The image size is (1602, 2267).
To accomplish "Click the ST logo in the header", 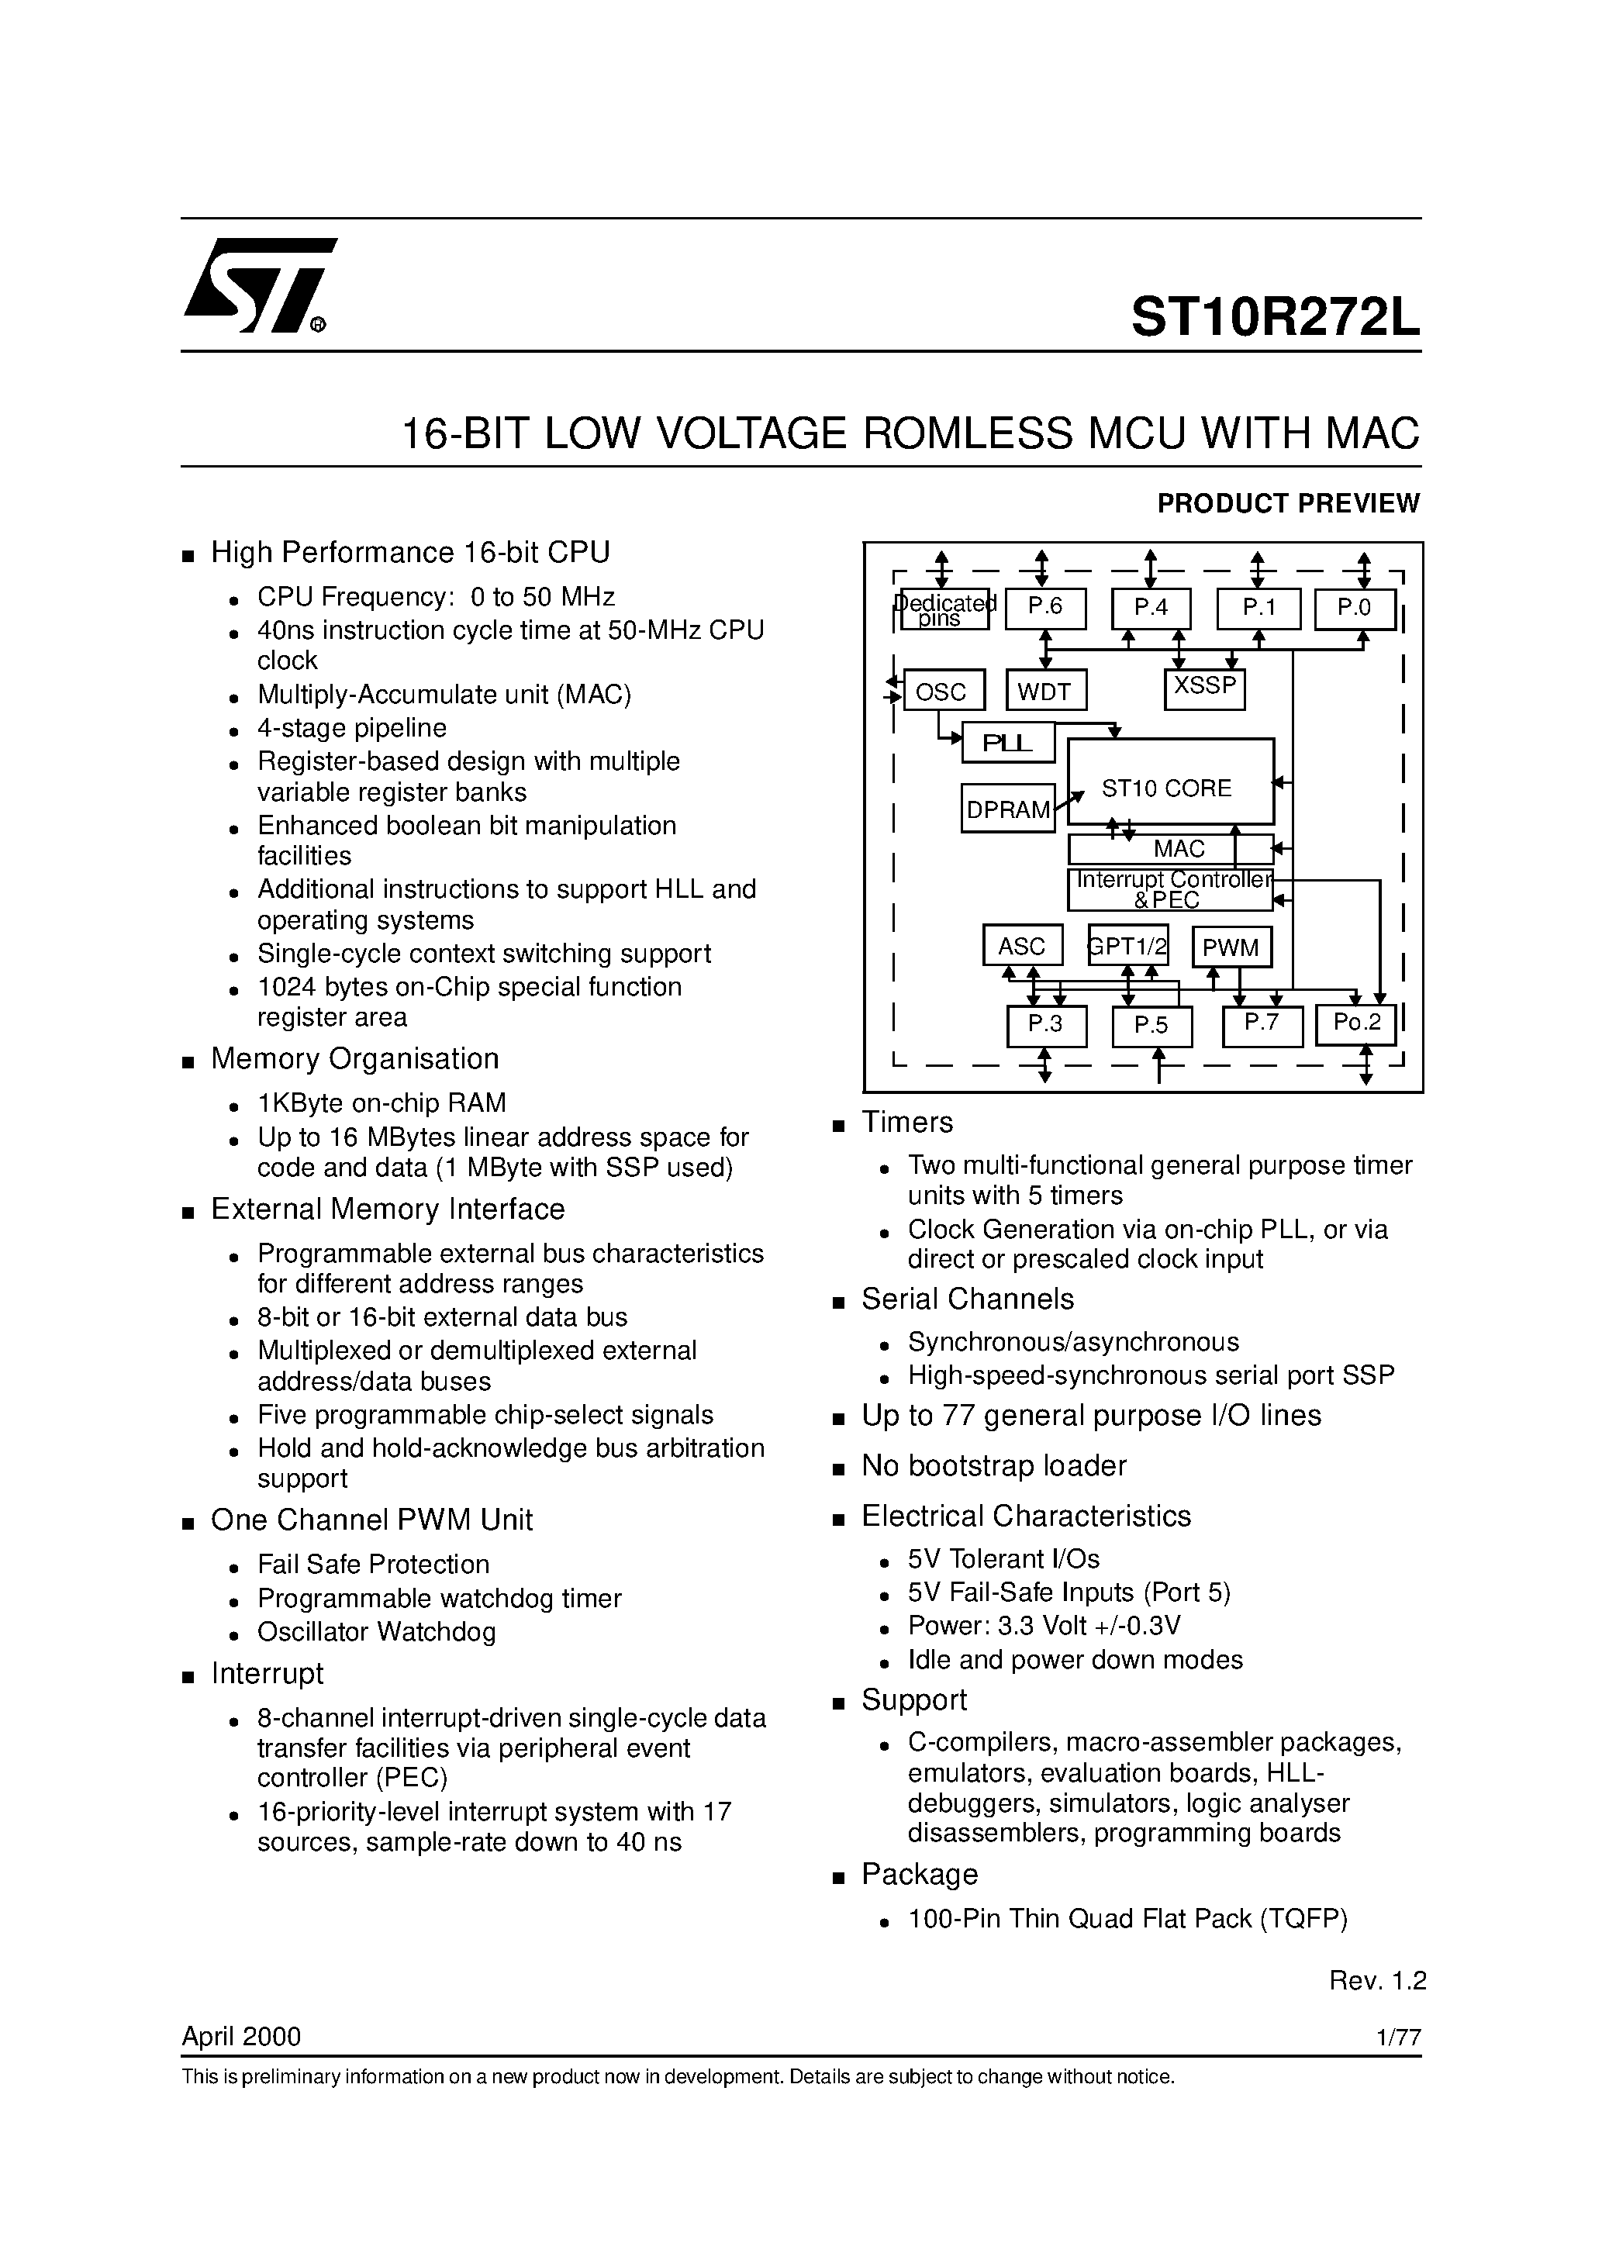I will pos(259,285).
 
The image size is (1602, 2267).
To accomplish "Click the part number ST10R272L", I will pos(1274,318).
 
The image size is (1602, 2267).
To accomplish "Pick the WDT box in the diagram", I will pos(1045,691).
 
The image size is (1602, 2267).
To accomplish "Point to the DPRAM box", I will pos(1008,809).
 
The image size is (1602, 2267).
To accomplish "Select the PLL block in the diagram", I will pos(1008,744).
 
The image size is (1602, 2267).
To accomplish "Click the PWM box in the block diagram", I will pos(1231,947).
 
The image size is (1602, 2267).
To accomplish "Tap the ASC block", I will pos(1022,946).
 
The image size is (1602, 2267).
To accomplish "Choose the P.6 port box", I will pos(1045,608).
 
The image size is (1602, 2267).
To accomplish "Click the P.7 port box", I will pos(1262,1025).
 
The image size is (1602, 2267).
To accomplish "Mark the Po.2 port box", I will pos(1355,1025).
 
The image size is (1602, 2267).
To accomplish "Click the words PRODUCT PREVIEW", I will pos(1288,503).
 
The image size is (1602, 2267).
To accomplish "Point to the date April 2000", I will pos(241,2036).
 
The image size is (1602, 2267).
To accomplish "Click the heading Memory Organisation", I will pos(354,1058).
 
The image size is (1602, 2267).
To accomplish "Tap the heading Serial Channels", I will pos(967,1299).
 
